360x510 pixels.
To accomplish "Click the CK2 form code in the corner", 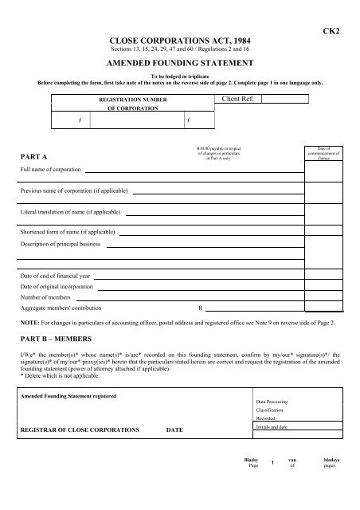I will pos(335,29).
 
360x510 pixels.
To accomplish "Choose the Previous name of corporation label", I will pos(74,192).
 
